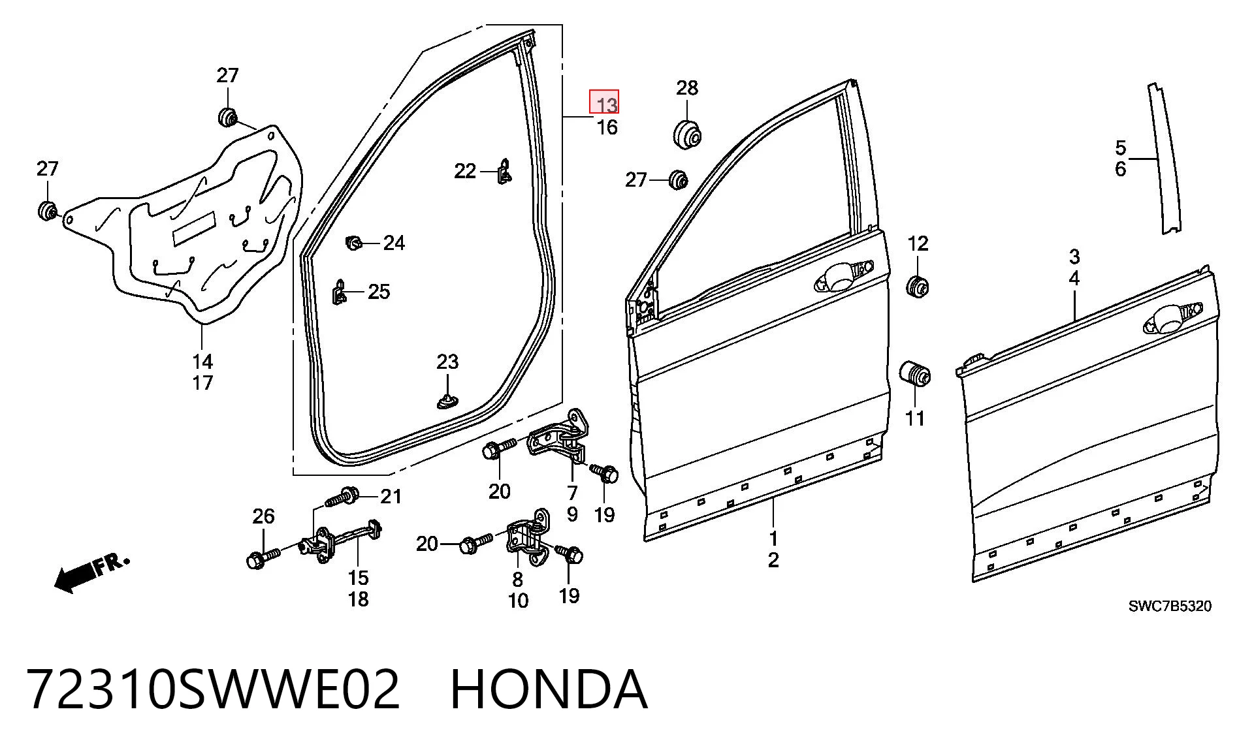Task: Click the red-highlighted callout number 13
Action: (604, 102)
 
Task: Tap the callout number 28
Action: (686, 87)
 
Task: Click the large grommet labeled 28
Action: (687, 133)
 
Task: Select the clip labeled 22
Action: (504, 172)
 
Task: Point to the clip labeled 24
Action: (353, 243)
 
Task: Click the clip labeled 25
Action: (339, 292)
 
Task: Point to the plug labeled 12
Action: (918, 286)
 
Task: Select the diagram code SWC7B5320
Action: (1170, 606)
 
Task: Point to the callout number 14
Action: (202, 361)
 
